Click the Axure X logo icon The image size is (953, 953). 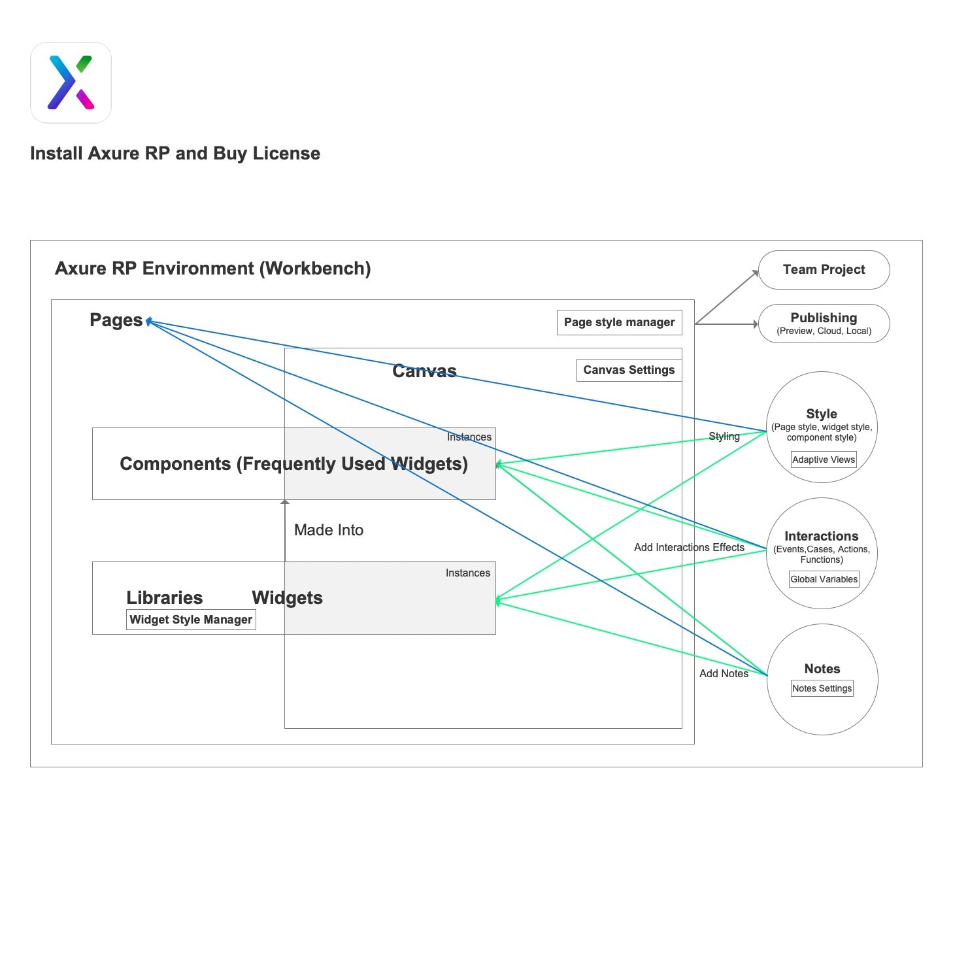(x=71, y=83)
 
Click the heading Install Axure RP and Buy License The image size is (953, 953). (x=175, y=154)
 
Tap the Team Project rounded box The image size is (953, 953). (x=824, y=270)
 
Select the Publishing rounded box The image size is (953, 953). (x=824, y=324)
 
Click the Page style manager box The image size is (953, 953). (x=619, y=322)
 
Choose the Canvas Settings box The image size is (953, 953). (x=629, y=370)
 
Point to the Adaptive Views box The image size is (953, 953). (x=823, y=460)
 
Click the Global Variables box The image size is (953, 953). (x=824, y=579)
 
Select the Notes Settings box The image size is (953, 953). (x=822, y=688)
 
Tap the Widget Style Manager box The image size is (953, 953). (x=191, y=620)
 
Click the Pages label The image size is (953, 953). (x=116, y=320)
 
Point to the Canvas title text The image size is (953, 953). (x=424, y=371)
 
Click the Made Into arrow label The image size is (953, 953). (x=329, y=530)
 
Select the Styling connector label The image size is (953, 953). (x=724, y=436)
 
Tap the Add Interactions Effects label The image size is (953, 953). (x=689, y=547)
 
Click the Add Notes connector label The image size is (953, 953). (x=724, y=673)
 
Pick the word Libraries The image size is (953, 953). (x=165, y=597)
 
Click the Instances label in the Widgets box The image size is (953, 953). (x=467, y=573)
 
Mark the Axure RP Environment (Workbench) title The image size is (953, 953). (x=213, y=269)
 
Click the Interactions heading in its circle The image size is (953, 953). (x=821, y=536)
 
